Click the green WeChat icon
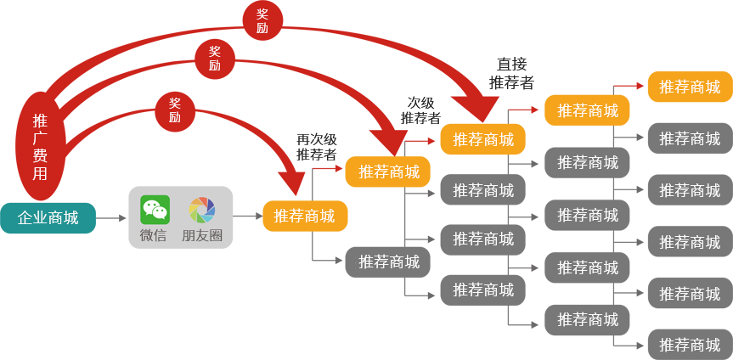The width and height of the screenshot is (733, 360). [x=155, y=210]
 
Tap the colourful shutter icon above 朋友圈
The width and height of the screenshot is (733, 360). [x=202, y=210]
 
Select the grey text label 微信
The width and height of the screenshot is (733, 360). [x=154, y=235]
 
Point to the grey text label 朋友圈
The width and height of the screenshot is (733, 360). [x=202, y=235]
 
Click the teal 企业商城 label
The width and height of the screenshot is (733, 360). [x=48, y=217]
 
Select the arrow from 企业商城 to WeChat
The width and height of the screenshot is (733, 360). [x=111, y=218]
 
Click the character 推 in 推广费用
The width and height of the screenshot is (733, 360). [x=40, y=121]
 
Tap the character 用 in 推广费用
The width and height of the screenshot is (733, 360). [x=40, y=173]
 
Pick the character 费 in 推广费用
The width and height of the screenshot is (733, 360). [x=40, y=155]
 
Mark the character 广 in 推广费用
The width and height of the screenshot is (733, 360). [x=40, y=138]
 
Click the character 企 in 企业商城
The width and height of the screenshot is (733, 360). [x=25, y=217]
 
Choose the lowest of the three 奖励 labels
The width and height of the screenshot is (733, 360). [x=175, y=110]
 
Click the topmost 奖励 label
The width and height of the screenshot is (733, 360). [x=262, y=21]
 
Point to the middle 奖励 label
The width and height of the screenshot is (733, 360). [x=215, y=59]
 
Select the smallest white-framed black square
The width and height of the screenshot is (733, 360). [x=316, y=146]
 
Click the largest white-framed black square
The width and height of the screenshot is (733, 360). [x=512, y=71]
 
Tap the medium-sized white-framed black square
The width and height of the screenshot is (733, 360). [x=420, y=108]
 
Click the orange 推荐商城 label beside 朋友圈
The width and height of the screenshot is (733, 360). [x=304, y=216]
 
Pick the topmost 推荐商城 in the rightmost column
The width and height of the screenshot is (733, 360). [x=690, y=87]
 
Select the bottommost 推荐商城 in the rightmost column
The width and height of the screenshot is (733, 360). [x=690, y=345]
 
